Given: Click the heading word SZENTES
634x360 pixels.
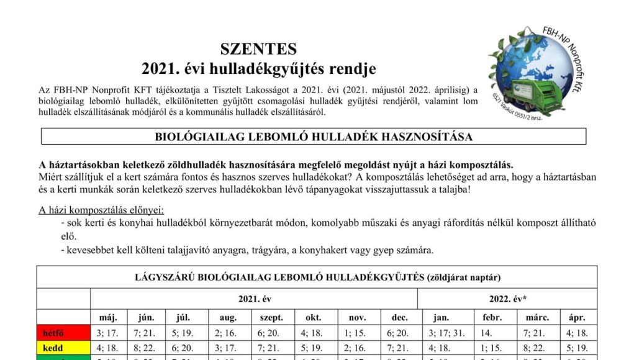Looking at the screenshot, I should coord(258,49).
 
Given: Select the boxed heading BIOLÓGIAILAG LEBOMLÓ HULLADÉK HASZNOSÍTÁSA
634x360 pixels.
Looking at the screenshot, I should coord(314,137).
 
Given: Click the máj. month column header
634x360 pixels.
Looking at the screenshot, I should coord(109,317).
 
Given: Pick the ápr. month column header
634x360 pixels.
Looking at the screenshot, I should coord(577,317).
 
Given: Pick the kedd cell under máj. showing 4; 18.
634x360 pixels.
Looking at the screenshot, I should coord(109,348).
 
